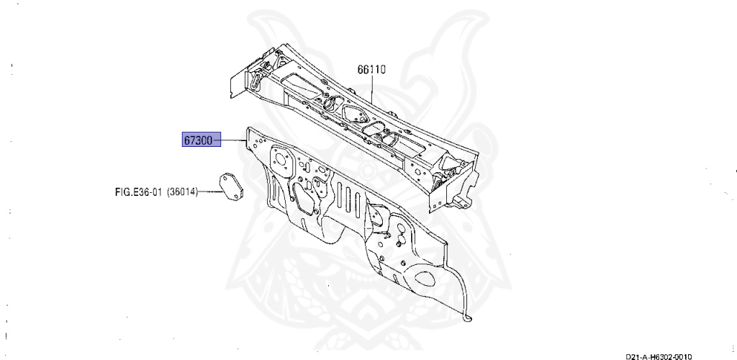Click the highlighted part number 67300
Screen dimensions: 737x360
(197, 140)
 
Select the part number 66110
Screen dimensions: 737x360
(371, 70)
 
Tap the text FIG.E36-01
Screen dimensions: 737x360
(139, 192)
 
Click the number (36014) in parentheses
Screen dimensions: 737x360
(183, 192)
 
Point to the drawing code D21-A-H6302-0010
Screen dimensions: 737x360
(663, 356)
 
